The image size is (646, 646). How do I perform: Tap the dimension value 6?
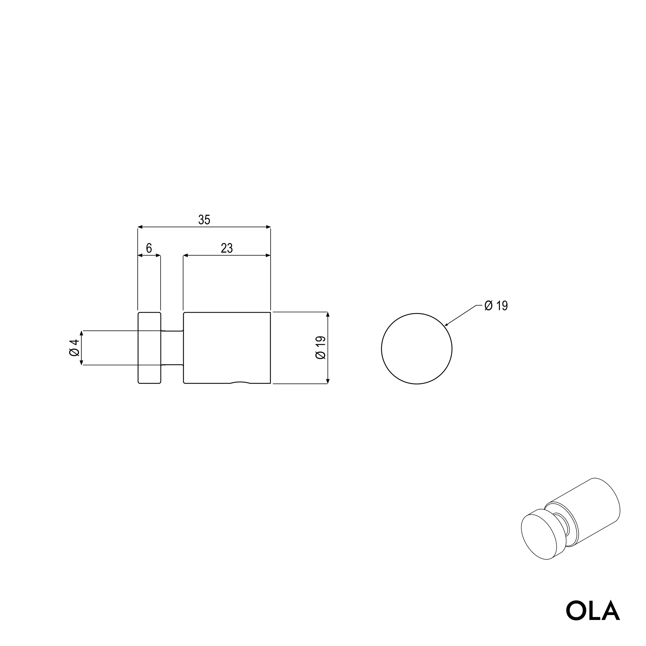[x=149, y=248]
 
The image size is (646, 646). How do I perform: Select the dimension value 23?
[x=227, y=248]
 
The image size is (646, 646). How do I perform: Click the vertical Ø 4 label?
[x=74, y=348]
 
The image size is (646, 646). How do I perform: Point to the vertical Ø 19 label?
[x=320, y=348]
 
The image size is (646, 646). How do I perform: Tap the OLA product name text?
[x=593, y=611]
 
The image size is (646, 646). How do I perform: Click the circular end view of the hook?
[x=417, y=349]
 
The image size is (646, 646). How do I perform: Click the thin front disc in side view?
[x=149, y=348]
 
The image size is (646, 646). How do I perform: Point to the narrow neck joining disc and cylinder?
[x=172, y=348]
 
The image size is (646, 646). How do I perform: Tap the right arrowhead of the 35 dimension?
[x=268, y=227]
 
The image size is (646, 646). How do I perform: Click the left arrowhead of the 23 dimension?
[x=186, y=256]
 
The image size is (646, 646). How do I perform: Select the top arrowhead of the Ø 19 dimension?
[x=328, y=314]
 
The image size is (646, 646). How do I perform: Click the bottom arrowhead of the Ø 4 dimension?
[x=81, y=363]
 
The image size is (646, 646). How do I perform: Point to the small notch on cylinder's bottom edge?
[x=240, y=382]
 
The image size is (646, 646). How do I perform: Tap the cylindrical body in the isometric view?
[x=588, y=515]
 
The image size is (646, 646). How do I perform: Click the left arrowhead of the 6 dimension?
[x=140, y=256]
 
